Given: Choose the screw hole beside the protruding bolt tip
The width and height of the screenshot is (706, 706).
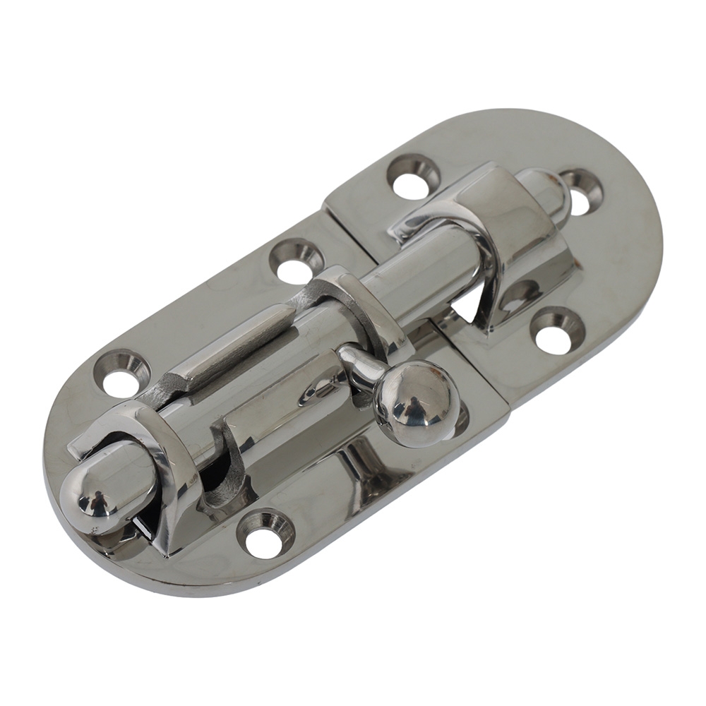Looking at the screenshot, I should tap(580, 192).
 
